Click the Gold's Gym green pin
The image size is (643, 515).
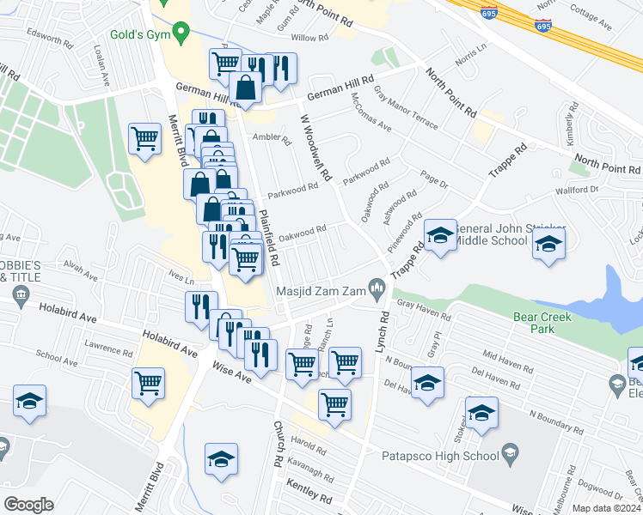(181, 34)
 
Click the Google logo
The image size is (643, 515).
(28, 505)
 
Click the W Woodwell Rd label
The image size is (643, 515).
(315, 148)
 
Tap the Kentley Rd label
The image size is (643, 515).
(314, 497)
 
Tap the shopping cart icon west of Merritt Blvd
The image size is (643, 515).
(145, 138)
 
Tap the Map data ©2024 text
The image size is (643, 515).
(604, 508)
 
